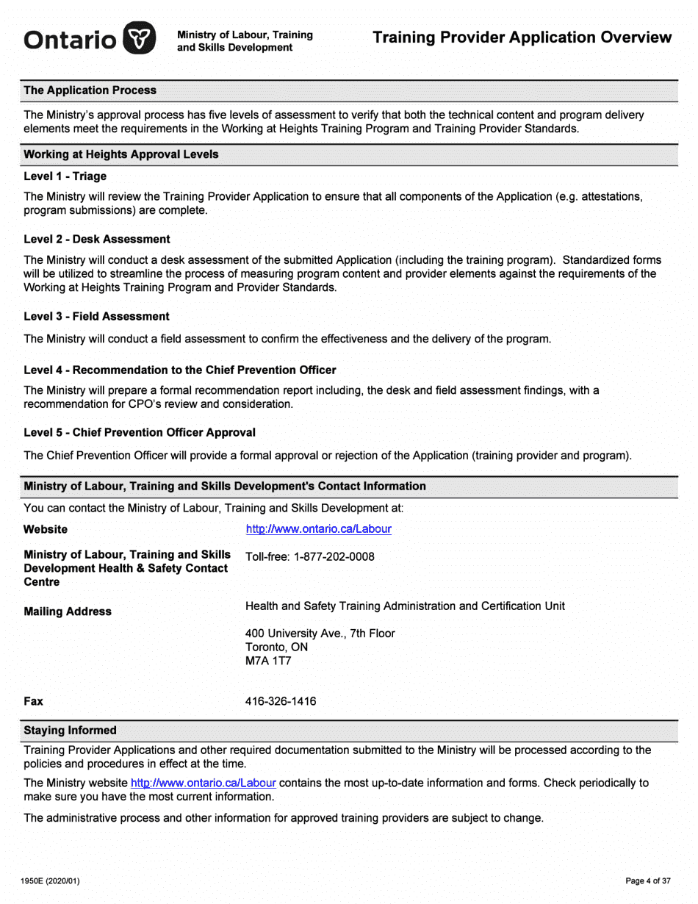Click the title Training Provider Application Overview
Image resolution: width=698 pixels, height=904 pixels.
(522, 37)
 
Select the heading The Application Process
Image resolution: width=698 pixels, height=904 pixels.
(90, 90)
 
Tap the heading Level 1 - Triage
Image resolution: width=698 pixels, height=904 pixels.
(65, 176)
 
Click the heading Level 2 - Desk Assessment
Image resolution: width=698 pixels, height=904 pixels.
(97, 239)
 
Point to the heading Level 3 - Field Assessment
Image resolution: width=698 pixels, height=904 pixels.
(96, 316)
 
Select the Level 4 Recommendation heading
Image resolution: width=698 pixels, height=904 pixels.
(180, 370)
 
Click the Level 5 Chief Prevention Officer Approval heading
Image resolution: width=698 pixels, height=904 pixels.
(140, 432)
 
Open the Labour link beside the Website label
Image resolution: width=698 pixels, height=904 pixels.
(319, 528)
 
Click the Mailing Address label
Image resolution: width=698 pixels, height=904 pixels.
(68, 611)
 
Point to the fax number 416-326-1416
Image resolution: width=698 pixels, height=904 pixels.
(281, 701)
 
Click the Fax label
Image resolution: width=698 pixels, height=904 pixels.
(34, 701)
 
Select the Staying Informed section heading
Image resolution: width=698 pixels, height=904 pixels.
(70, 731)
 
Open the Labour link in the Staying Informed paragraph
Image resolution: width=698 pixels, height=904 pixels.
(204, 783)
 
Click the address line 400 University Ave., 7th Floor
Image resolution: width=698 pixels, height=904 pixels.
(320, 633)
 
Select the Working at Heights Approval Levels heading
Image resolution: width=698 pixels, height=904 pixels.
(121, 155)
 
